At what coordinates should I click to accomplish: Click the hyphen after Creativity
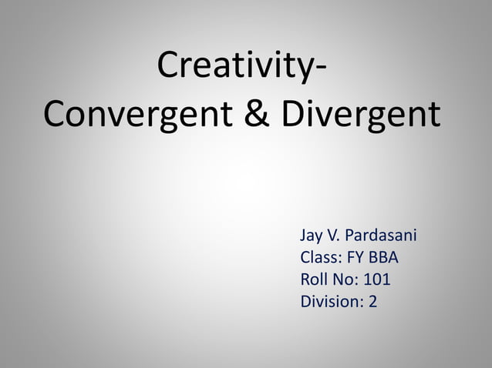tap(318, 71)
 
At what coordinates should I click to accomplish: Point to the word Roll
tap(314, 279)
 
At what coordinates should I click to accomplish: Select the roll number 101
tap(377, 279)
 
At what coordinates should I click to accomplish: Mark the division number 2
tap(373, 301)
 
